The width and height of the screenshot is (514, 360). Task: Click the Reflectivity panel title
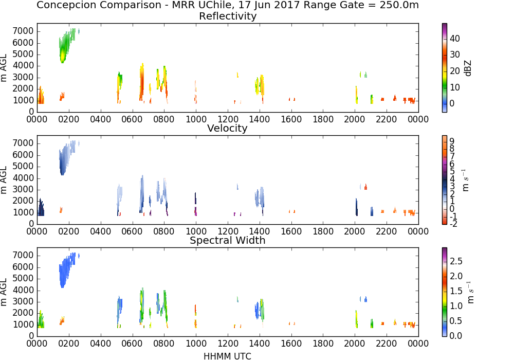pyautogui.click(x=228, y=16)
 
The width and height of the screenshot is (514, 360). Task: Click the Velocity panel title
pyautogui.click(x=227, y=128)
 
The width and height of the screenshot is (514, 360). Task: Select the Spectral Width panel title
pyautogui.click(x=228, y=240)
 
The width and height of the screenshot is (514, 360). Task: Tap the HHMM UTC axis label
pyautogui.click(x=228, y=356)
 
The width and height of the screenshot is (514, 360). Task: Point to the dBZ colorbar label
pyautogui.click(x=468, y=68)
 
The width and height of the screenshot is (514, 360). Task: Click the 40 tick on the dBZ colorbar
pyautogui.click(x=455, y=39)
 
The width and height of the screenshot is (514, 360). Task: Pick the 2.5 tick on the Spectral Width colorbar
pyautogui.click(x=456, y=261)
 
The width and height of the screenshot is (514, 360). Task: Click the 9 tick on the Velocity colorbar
pyautogui.click(x=452, y=141)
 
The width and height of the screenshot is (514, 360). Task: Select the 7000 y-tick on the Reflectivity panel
pyautogui.click(x=23, y=31)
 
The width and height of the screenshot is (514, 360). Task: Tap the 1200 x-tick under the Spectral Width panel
pyautogui.click(x=228, y=343)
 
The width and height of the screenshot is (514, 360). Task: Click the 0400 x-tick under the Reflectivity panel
pyautogui.click(x=101, y=119)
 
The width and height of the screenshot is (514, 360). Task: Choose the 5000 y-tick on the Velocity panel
pyautogui.click(x=23, y=166)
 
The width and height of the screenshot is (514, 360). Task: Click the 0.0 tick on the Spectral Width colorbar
pyautogui.click(x=456, y=336)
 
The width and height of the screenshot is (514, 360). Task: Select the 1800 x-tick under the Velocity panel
pyautogui.click(x=323, y=231)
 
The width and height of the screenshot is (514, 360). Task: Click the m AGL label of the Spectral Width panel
pyautogui.click(x=4, y=292)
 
